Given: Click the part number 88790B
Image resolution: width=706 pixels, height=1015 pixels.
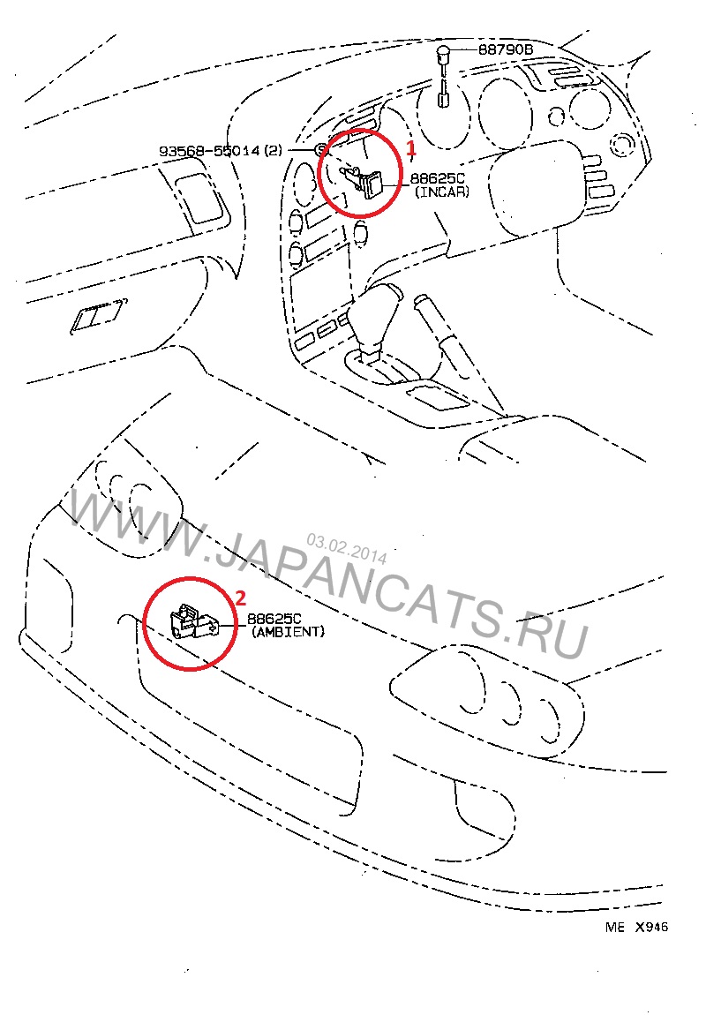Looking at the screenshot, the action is coord(506,49).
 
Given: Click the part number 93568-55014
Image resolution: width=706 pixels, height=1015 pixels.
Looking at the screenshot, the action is coord(209,151).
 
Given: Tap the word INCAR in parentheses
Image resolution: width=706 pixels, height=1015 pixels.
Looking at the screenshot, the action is coord(442,192).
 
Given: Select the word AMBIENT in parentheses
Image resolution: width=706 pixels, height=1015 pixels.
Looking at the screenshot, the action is coord(288,632).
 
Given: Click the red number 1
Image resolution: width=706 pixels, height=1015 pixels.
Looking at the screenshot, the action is coord(410,149).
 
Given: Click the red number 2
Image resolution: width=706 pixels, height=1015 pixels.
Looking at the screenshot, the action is coord(240,598).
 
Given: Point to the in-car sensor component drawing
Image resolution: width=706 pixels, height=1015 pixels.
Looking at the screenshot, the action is coord(363,181).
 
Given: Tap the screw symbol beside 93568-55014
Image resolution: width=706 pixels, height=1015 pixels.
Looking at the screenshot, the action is coord(321,150).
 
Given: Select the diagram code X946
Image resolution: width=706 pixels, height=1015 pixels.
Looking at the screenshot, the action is coord(651,927).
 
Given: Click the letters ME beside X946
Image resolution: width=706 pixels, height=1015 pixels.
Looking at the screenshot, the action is coord(615,927).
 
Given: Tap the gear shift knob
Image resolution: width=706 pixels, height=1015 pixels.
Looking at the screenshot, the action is coord(374,320).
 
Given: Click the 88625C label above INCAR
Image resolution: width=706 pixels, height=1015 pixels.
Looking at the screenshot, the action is coord(438,178).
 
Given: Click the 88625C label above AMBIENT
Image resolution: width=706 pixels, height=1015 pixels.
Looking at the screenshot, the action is coord(274,619).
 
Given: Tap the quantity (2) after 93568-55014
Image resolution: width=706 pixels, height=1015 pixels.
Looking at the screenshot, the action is coord(274,151).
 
